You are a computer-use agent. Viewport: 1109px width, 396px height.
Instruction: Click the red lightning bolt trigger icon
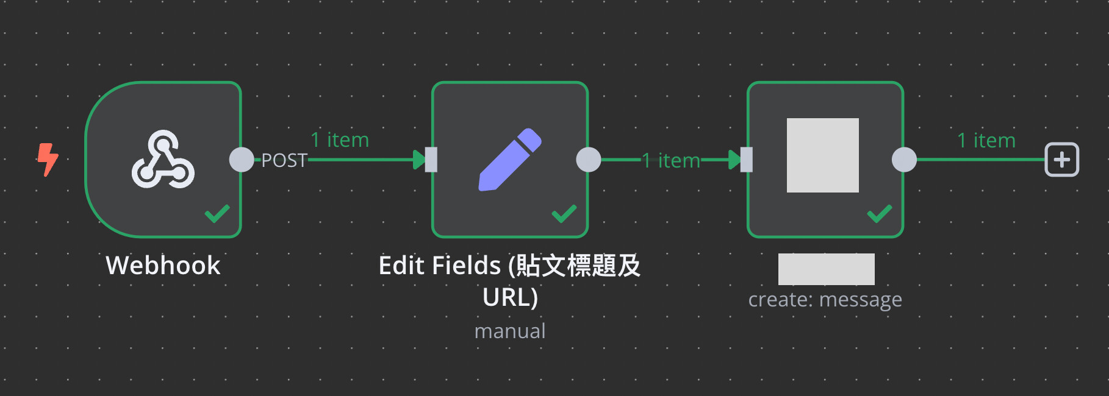point(48,160)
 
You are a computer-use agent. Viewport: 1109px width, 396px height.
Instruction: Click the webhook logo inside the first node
point(163,159)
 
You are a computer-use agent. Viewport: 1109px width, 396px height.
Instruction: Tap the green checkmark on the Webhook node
point(217,213)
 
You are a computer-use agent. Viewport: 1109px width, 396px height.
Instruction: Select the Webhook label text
point(163,266)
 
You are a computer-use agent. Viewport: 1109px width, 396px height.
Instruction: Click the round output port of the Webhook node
point(242,160)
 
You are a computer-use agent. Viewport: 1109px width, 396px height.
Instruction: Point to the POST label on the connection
point(284,160)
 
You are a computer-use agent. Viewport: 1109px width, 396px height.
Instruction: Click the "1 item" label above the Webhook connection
point(340,140)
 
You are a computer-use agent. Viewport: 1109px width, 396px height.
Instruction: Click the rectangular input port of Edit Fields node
point(431,160)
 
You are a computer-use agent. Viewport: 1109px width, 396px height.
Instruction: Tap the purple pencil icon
point(510,160)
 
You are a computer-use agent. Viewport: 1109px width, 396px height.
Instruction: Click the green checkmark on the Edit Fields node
point(564,213)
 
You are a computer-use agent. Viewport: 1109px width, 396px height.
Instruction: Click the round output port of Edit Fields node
point(589,160)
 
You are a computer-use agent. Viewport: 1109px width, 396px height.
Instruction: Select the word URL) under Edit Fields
point(510,297)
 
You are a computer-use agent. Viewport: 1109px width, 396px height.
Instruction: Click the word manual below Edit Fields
point(510,331)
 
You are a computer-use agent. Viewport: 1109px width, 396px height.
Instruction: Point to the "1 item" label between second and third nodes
point(671,160)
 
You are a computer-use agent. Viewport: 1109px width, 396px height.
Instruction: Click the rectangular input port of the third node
point(746,160)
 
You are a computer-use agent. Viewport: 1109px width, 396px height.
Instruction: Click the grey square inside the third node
point(823,155)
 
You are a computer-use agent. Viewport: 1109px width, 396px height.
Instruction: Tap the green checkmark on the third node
point(880,213)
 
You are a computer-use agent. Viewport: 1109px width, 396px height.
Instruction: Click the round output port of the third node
point(904,160)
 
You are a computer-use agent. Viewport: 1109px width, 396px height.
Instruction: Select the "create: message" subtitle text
point(825,300)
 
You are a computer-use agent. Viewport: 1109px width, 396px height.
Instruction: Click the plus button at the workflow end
point(1062,160)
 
